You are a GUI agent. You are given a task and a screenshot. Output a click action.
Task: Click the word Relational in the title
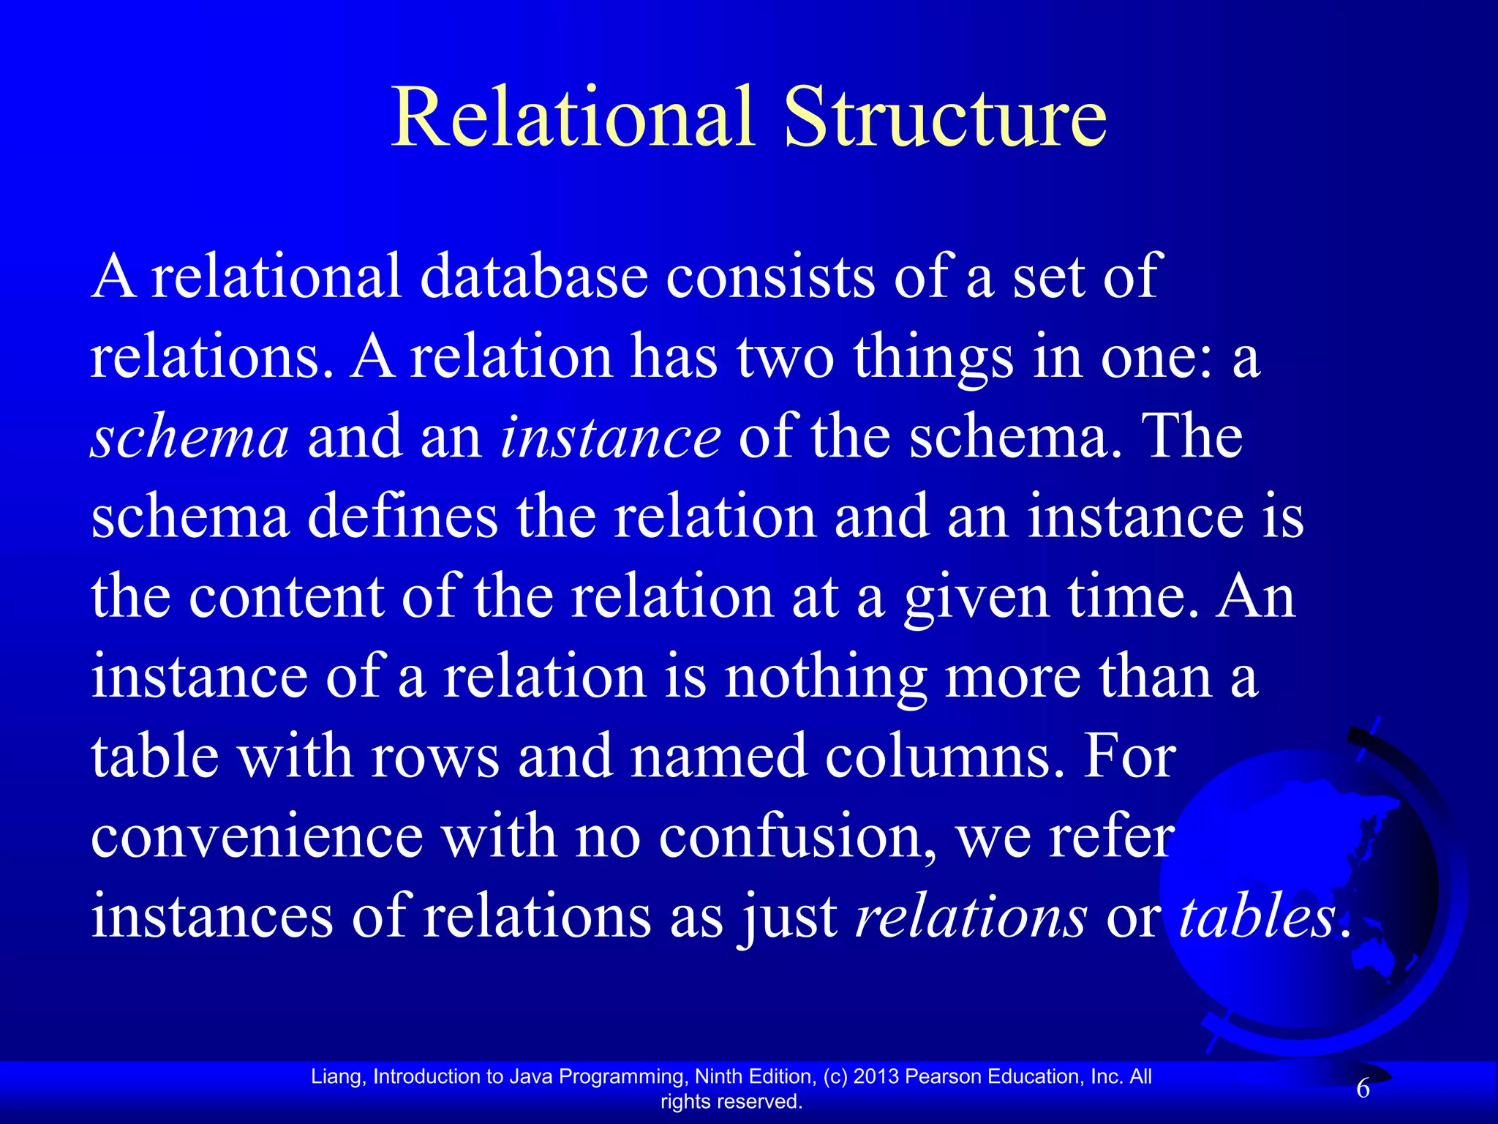coord(573,117)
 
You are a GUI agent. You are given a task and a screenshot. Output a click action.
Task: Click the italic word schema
coord(189,437)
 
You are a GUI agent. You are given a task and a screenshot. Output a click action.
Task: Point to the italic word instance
coord(611,437)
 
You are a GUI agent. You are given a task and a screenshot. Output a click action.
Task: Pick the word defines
coord(402,517)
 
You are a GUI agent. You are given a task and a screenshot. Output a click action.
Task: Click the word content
coord(286,596)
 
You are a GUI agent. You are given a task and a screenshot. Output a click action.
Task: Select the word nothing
coord(826,678)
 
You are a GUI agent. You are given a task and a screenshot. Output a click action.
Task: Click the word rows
coord(434,756)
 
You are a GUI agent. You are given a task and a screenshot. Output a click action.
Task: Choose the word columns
coord(944,756)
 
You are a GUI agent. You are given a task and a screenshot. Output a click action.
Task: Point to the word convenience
coord(257,836)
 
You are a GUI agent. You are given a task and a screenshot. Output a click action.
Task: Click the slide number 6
coord(1363,1090)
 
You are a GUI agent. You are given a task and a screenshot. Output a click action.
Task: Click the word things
coord(933,359)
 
